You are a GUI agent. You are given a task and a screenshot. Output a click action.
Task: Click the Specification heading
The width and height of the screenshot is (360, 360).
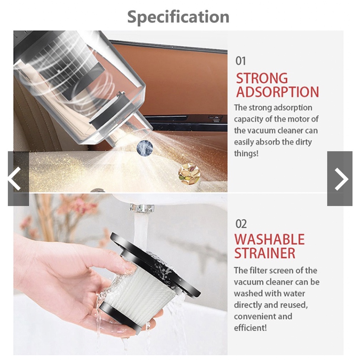point(178,17)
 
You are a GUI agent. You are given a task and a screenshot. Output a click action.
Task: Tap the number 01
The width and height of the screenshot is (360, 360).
point(241,61)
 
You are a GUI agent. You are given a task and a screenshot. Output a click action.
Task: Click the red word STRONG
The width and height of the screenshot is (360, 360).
point(262,78)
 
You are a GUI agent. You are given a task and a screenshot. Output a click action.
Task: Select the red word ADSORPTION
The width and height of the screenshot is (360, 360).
point(277,92)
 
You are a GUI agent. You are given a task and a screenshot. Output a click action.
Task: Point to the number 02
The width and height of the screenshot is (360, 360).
point(241,224)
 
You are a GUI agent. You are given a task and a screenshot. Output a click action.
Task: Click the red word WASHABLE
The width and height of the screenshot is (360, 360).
point(269,239)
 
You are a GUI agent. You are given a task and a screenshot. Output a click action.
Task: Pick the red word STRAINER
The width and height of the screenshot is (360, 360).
point(265,253)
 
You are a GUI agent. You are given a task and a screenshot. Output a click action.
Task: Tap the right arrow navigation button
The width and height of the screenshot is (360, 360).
point(340,179)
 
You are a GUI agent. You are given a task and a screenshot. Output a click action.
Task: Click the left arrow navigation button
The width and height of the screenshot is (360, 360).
point(18,179)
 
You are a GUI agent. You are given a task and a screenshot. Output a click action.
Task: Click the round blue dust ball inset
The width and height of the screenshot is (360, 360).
point(145,147)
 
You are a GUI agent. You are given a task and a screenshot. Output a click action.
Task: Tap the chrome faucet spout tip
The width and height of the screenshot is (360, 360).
point(142,208)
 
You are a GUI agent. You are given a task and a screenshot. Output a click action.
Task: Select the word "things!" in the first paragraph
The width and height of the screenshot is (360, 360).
point(246,153)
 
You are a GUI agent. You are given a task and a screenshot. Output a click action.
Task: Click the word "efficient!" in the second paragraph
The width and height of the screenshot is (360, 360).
point(250,328)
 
